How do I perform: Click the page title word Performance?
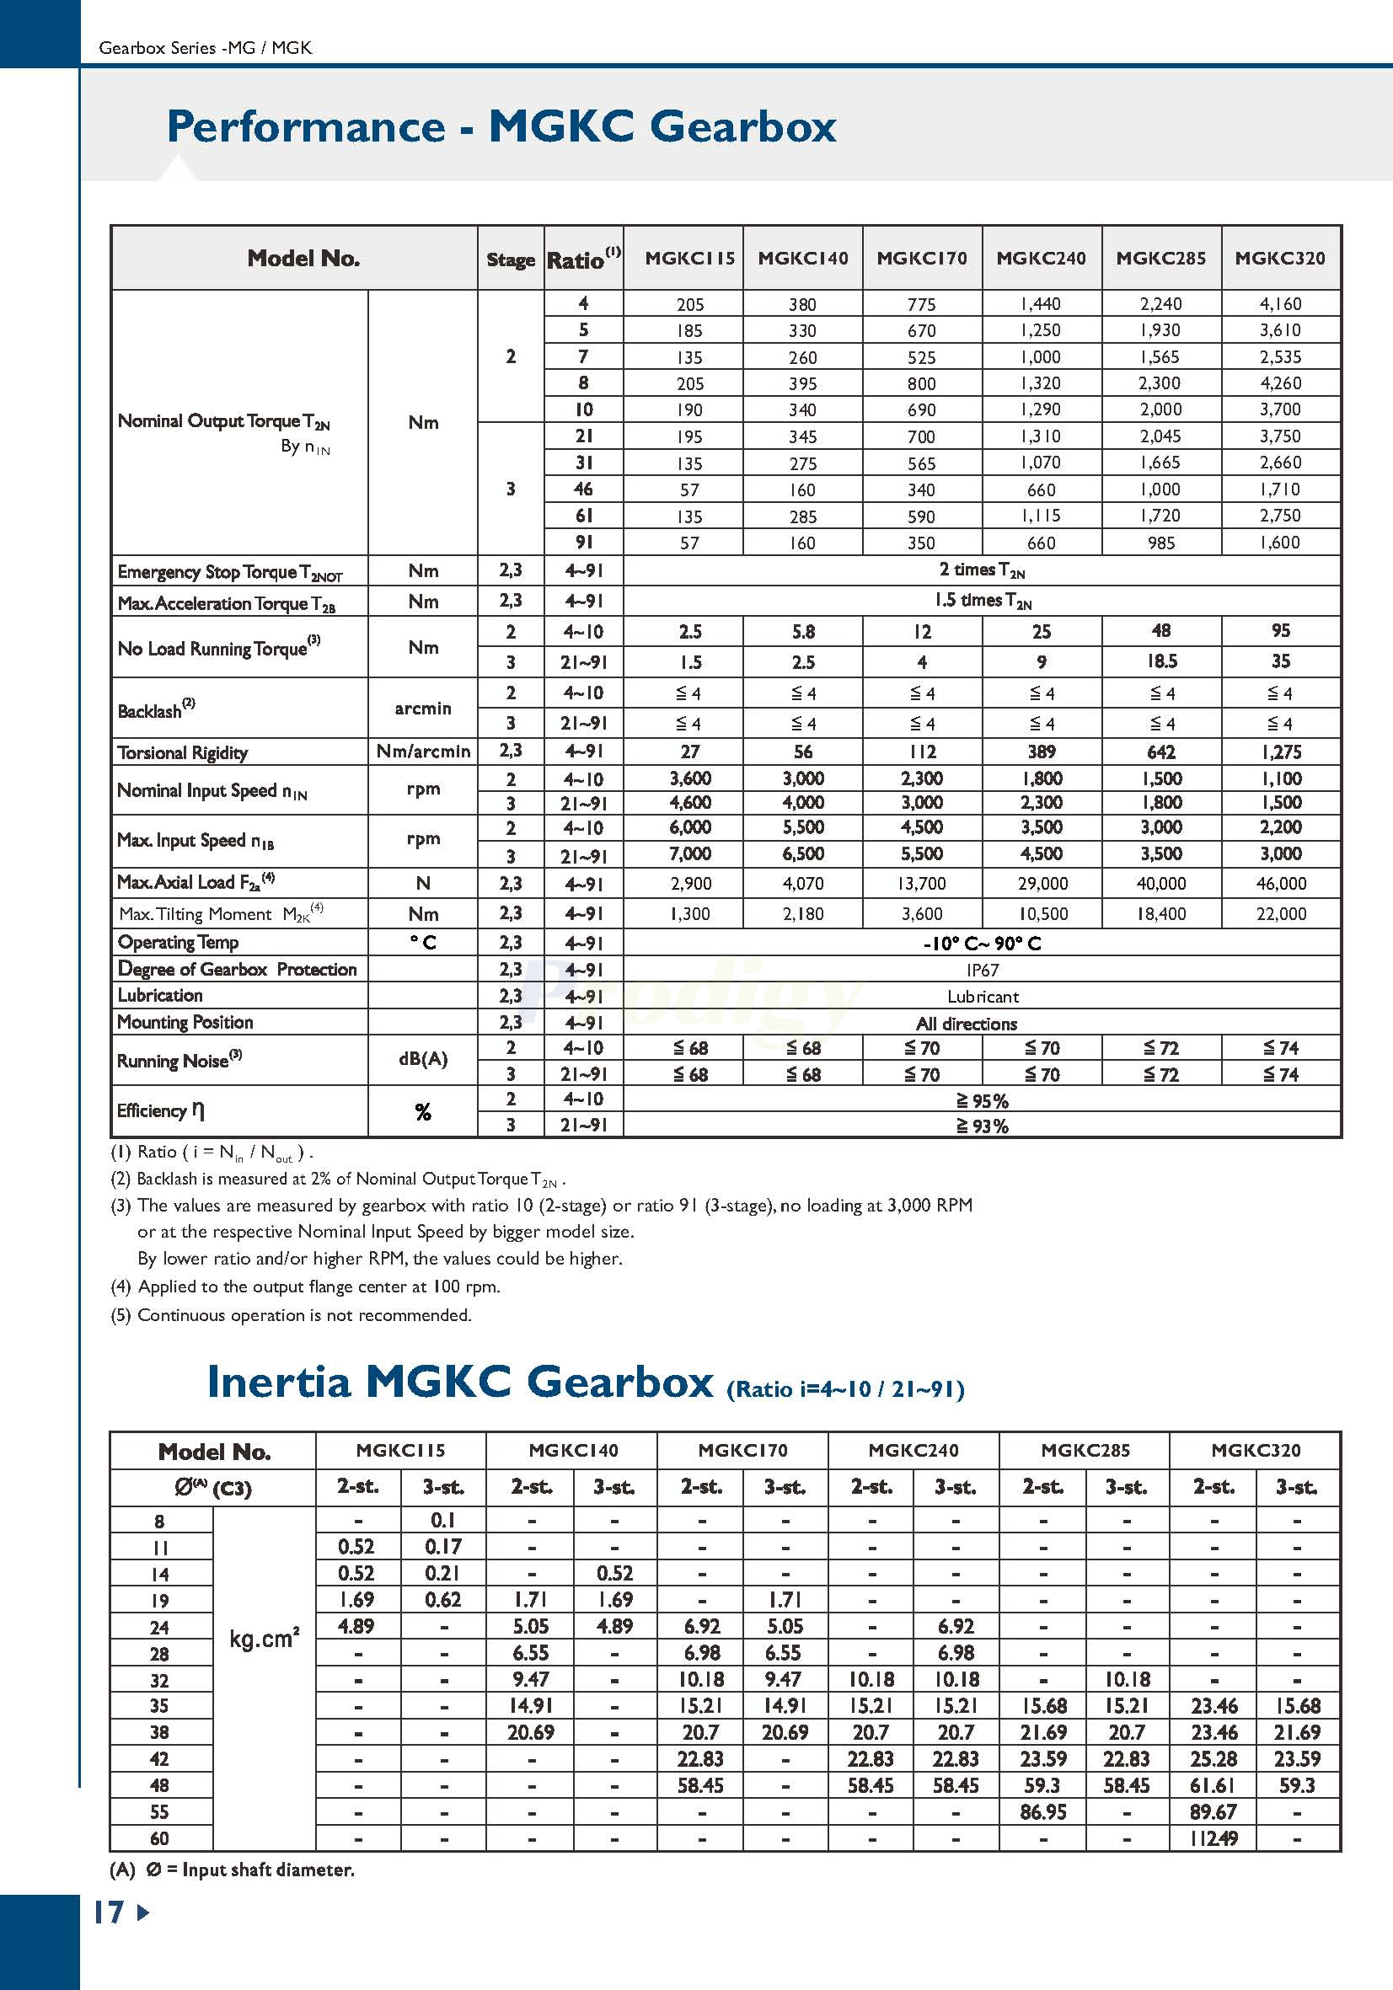coord(305,126)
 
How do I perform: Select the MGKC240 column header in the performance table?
coord(1041,259)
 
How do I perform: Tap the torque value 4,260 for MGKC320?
coord(1280,383)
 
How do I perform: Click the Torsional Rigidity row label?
coord(183,752)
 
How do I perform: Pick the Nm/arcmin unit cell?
coord(423,752)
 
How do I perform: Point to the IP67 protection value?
coord(982,970)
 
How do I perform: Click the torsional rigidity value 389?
coord(1041,752)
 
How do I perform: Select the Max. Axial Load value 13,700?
coord(921,883)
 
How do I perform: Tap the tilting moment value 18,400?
coord(1160,913)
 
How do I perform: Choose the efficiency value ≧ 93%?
coord(982,1126)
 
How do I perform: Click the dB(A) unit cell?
coord(423,1059)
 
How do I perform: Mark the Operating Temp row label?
coord(178,942)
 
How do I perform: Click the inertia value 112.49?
coord(1214,1838)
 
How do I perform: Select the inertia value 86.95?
coord(1042,1811)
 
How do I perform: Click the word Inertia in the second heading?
coord(278,1382)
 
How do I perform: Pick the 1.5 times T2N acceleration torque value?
coord(982,600)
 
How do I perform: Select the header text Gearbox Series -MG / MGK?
coord(206,49)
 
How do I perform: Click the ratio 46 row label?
coord(583,489)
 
